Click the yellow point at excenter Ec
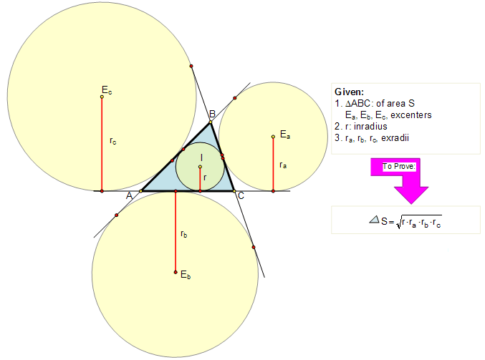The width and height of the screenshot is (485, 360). tap(102, 97)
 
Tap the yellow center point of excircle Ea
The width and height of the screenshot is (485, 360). tap(273, 137)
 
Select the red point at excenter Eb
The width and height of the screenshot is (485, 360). tap(176, 272)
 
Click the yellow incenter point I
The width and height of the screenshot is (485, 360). tap(200, 167)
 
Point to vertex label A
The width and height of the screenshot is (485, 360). tap(129, 195)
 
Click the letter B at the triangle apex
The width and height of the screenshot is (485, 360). tap(212, 114)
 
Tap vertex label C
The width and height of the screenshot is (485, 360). tap(241, 195)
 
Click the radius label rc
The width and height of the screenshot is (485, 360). tap(113, 141)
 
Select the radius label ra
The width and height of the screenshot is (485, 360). tap(283, 165)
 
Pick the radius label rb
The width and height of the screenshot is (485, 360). tap(183, 234)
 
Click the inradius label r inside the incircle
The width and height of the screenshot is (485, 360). tap(205, 177)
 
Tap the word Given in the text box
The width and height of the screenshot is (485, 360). tap(349, 92)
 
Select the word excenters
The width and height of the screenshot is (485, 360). tap(411, 115)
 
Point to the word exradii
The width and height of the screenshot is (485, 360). tap(395, 138)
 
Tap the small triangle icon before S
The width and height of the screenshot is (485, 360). tap(374, 220)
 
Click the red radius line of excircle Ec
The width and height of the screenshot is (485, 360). tap(102, 144)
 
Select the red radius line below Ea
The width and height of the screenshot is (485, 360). tap(273, 164)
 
